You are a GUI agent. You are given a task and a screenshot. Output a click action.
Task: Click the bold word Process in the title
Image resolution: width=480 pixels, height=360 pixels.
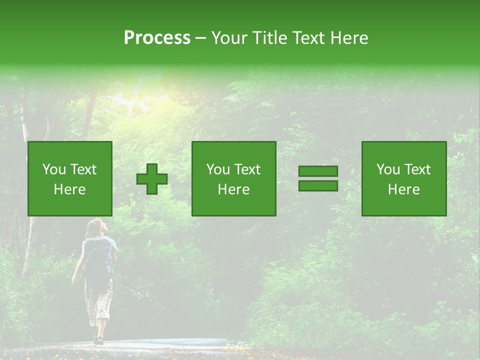coord(157,38)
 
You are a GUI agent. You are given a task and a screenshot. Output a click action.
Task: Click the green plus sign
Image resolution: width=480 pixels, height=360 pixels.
coord(152,179)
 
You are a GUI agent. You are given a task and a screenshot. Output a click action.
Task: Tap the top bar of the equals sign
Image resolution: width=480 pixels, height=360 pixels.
coord(318,171)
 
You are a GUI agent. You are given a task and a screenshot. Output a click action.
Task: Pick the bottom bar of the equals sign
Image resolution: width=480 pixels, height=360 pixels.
coord(318,185)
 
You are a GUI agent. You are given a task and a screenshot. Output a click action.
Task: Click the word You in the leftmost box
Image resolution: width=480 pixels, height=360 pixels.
coord(53,169)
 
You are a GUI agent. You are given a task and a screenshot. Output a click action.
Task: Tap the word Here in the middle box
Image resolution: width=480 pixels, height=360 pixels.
coord(233,189)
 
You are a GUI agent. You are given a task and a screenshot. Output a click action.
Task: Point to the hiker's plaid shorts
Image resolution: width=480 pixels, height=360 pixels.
coord(98,302)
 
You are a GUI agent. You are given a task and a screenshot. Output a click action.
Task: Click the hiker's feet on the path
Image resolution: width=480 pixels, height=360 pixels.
coord(98,339)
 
